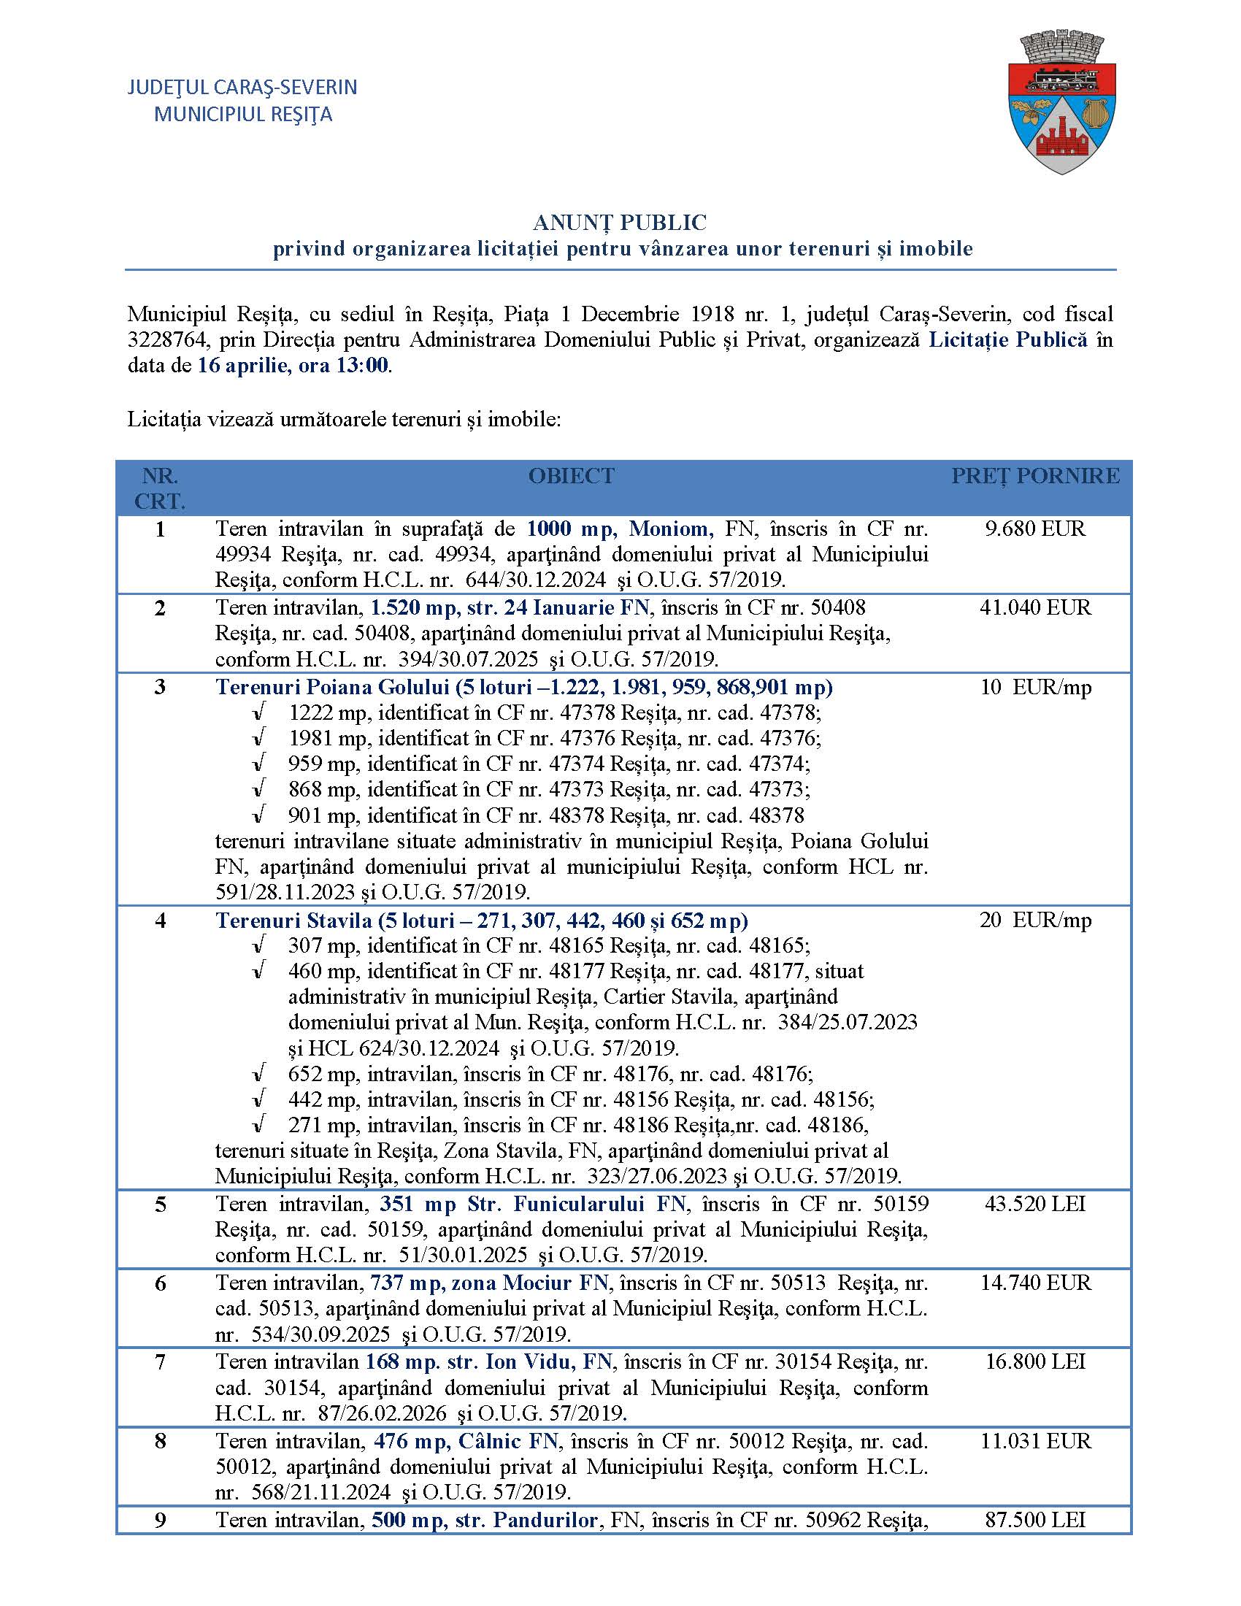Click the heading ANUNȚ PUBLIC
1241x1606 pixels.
click(x=620, y=222)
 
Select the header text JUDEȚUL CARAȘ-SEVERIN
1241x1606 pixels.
click(x=242, y=87)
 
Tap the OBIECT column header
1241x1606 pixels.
click(x=572, y=476)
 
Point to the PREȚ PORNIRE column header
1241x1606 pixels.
click(x=1035, y=476)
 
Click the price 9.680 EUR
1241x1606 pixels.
click(x=1035, y=529)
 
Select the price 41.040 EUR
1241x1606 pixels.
click(x=1035, y=607)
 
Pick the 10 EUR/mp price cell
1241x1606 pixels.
click(x=1035, y=687)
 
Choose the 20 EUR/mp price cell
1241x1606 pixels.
click(x=1035, y=920)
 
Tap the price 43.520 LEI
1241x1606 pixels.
click(x=1035, y=1204)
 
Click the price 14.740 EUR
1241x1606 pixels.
click(x=1035, y=1283)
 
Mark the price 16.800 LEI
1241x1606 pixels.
click(x=1035, y=1361)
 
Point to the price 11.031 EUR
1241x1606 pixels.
click(x=1035, y=1440)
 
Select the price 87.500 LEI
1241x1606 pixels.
click(x=1035, y=1519)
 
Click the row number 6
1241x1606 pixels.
click(x=161, y=1283)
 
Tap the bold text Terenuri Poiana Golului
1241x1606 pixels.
click(x=332, y=687)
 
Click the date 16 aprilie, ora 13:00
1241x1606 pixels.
click(x=293, y=366)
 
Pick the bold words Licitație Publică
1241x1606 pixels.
click(x=1007, y=339)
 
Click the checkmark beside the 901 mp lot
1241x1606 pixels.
click(x=258, y=815)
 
